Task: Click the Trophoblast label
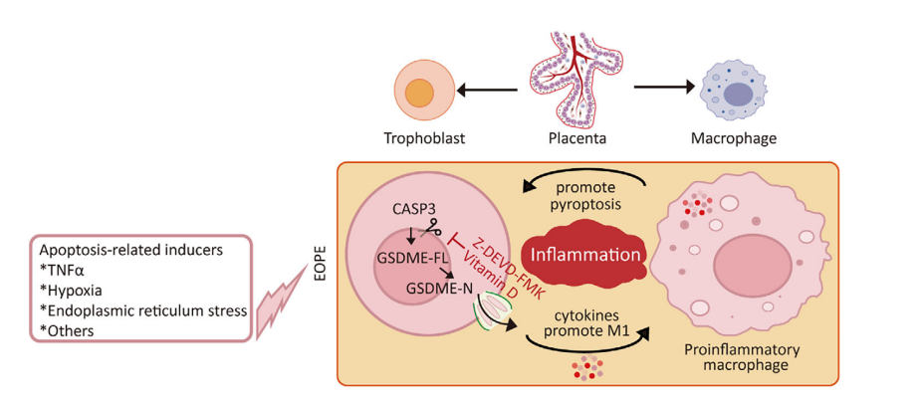tap(425, 137)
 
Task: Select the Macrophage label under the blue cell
tap(733, 137)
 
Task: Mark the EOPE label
tap(321, 260)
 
